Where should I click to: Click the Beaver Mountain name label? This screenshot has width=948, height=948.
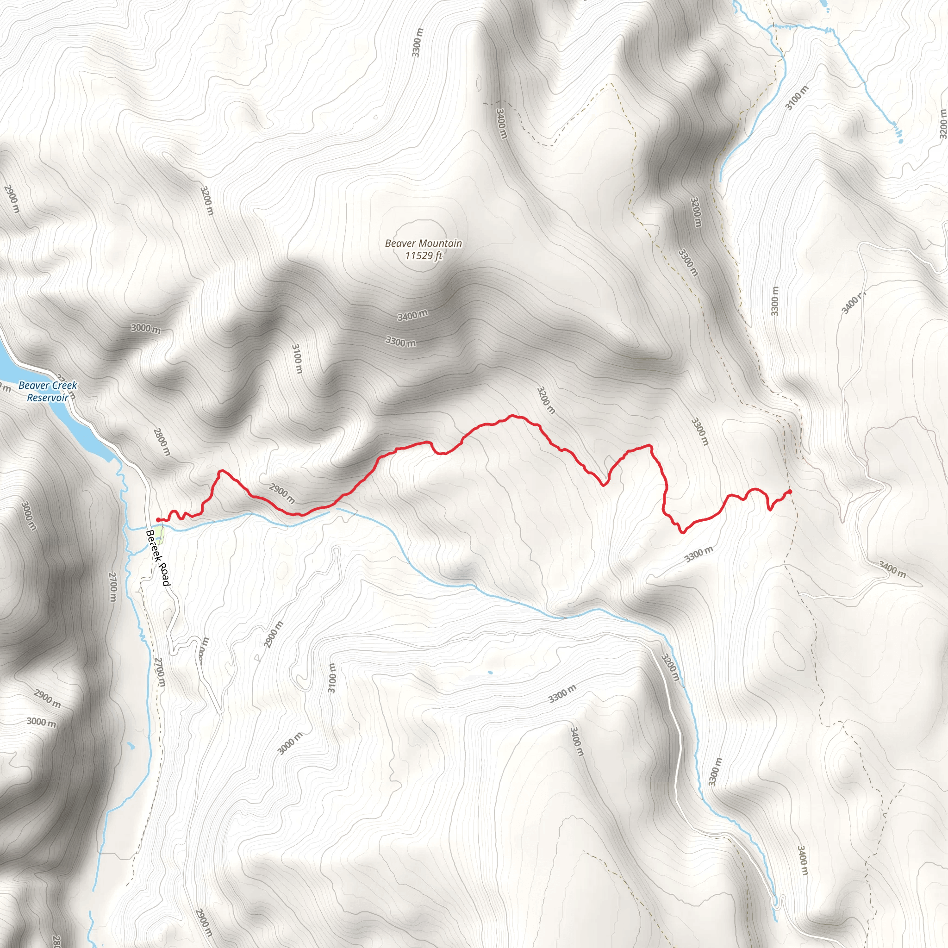click(423, 243)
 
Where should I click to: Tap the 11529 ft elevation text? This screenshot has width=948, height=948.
click(424, 255)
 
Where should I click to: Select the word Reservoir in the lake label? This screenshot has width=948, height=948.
click(48, 398)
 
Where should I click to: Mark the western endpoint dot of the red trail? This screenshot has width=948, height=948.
click(157, 520)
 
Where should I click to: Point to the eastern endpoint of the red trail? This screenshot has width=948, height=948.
click(790, 492)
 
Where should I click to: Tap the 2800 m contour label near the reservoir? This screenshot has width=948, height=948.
click(162, 442)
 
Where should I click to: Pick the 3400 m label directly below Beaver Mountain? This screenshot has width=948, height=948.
click(412, 315)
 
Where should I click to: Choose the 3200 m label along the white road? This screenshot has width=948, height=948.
click(670, 667)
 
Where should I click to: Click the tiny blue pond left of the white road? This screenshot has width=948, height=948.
click(490, 672)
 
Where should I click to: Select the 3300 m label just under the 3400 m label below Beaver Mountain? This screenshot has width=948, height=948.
click(400, 341)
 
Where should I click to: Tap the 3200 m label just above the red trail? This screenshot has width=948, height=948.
click(546, 400)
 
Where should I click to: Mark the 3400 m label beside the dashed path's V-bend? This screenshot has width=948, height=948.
click(501, 124)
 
